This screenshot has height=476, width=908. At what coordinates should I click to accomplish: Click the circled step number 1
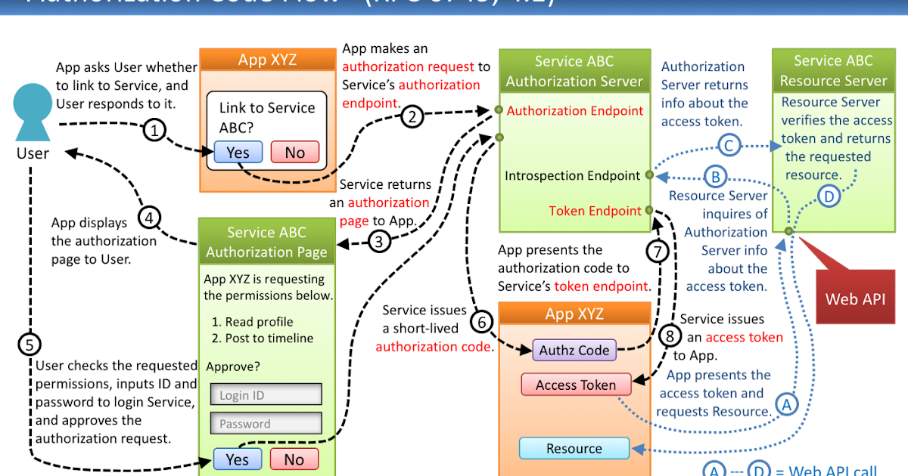[154, 131]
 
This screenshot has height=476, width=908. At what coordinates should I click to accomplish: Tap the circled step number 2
[412, 117]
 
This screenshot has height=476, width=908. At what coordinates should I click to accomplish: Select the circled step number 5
[29, 345]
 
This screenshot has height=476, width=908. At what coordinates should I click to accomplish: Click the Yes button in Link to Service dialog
[238, 153]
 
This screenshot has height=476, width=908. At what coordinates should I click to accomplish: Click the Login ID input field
[266, 394]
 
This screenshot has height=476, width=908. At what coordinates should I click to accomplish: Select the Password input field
[266, 423]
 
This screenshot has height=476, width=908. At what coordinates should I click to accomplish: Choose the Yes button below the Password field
[237, 459]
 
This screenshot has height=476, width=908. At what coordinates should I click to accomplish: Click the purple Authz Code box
[574, 350]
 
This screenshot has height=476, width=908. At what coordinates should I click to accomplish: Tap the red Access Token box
[575, 385]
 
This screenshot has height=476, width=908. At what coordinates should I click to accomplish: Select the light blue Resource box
[574, 449]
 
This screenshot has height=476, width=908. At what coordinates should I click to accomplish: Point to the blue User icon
[33, 113]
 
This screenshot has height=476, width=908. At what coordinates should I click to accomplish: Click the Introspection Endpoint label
[573, 175]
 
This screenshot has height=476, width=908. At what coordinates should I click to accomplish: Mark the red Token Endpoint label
[595, 211]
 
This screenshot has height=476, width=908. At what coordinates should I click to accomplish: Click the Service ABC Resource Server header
[832, 71]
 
